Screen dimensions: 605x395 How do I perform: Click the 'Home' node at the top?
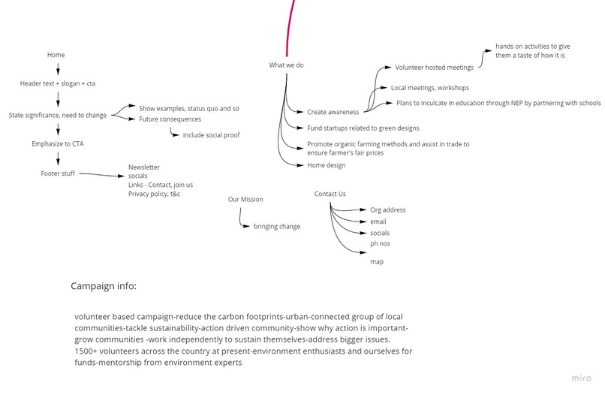tap(56, 55)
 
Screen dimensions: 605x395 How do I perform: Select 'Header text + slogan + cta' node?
tap(58, 83)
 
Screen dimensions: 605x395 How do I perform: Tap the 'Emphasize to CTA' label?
tap(58, 143)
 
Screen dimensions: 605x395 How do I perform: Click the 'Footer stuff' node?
tap(58, 173)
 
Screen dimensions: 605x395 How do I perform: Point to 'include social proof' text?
tap(211, 135)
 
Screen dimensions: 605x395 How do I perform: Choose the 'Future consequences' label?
tap(170, 119)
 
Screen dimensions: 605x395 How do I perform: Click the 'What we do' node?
tap(286, 65)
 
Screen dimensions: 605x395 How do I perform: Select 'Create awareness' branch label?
tap(333, 113)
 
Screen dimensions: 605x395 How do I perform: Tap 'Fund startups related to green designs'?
tap(363, 128)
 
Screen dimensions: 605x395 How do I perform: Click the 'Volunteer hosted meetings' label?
tap(434, 68)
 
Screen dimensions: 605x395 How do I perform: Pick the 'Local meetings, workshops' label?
tap(430, 88)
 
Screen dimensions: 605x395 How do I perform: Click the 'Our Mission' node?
tap(245, 200)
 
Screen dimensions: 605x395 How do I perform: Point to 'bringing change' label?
tap(277, 227)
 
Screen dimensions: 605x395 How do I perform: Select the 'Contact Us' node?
tap(330, 194)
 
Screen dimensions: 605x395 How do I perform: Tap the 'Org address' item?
tap(388, 210)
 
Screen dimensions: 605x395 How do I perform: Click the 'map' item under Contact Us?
tap(377, 262)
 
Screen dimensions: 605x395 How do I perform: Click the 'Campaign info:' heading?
tap(104, 286)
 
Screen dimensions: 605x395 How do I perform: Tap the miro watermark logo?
tap(581, 378)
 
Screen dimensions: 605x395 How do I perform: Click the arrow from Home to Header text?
tap(58, 69)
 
